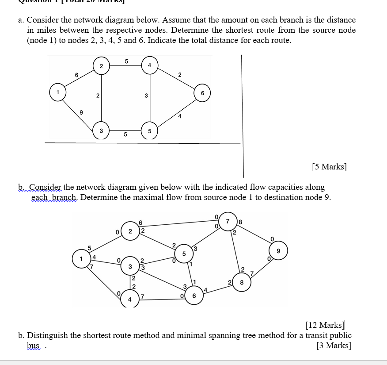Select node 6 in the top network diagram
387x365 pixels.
click(202, 93)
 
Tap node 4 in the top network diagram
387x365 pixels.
click(150, 65)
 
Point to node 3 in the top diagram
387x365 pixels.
click(101, 131)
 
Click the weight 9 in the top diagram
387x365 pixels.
click(81, 112)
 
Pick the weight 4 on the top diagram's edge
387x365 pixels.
click(179, 116)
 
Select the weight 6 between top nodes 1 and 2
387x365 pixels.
click(77, 75)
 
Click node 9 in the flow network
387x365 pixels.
click(278, 250)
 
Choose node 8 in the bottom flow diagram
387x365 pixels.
click(241, 282)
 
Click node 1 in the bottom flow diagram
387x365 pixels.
click(81, 259)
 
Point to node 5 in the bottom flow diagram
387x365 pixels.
click(184, 254)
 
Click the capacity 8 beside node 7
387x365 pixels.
click(240, 222)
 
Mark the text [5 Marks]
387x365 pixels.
click(329, 167)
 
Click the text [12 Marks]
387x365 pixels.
click(325, 326)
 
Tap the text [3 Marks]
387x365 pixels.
click(334, 346)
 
